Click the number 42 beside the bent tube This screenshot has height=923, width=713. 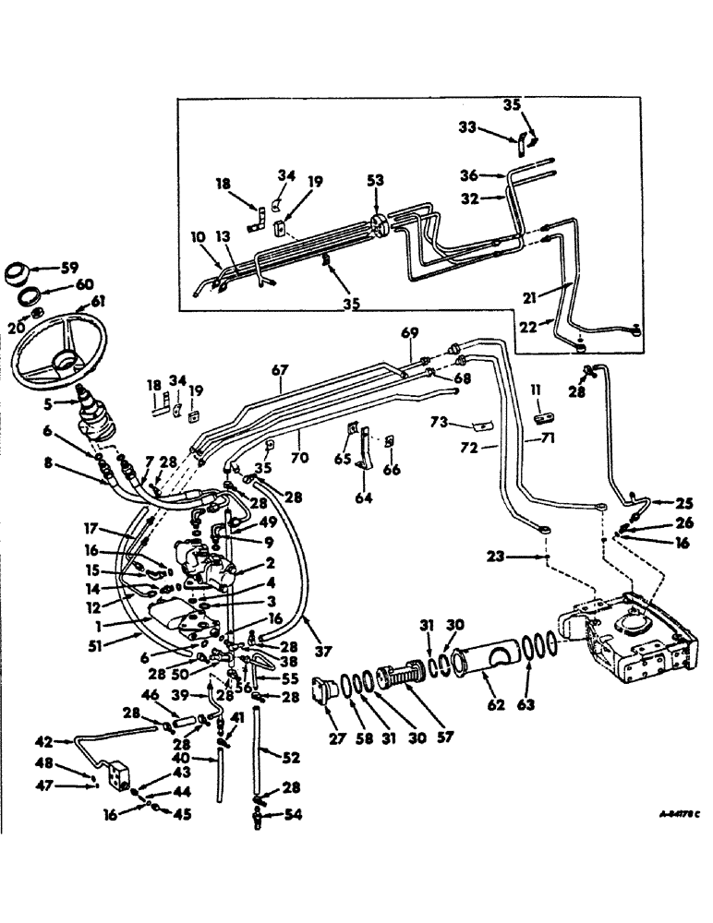click(x=43, y=740)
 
